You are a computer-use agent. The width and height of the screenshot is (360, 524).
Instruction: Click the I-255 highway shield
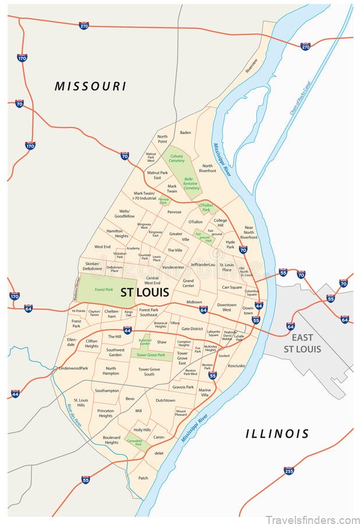click(x=289, y=470)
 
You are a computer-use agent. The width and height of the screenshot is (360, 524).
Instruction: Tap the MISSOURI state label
click(x=90, y=86)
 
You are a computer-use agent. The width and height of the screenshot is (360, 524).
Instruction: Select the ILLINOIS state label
click(x=277, y=433)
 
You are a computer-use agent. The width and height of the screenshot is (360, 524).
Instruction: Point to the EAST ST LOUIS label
click(x=302, y=343)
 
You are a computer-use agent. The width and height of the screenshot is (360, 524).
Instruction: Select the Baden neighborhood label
click(x=185, y=133)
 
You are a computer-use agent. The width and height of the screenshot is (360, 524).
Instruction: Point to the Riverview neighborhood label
click(x=251, y=66)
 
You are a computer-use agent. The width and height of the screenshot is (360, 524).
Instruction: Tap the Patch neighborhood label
click(x=143, y=478)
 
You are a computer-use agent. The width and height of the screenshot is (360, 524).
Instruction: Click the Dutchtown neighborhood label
click(x=165, y=401)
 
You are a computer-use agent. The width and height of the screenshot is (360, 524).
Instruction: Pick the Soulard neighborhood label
click(x=224, y=355)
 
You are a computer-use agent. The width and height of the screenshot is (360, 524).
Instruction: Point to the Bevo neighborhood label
click(x=130, y=399)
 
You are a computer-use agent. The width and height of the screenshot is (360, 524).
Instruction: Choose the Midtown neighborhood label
click(x=194, y=302)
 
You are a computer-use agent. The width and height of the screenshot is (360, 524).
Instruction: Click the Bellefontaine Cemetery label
click(x=192, y=184)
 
